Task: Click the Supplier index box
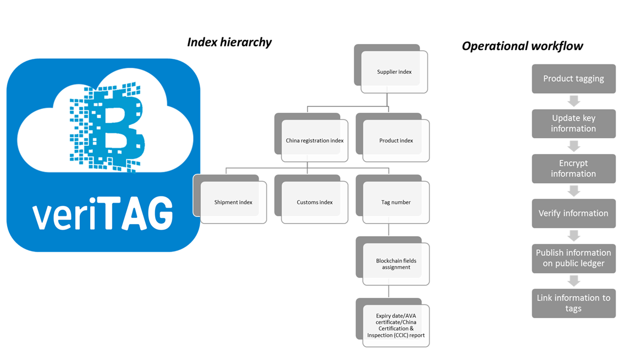394,72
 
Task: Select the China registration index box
314,140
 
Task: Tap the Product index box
396,140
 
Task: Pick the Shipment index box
233,202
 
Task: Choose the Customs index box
314,202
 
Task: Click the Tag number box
396,202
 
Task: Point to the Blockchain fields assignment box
396,264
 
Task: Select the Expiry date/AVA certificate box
396,325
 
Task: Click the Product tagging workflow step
573,79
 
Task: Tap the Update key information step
573,123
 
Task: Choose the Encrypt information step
573,168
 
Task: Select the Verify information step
573,214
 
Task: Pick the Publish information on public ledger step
573,258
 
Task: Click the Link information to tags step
573,303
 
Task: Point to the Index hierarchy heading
229,42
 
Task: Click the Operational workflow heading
522,46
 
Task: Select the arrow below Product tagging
573,101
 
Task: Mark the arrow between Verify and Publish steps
573,236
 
